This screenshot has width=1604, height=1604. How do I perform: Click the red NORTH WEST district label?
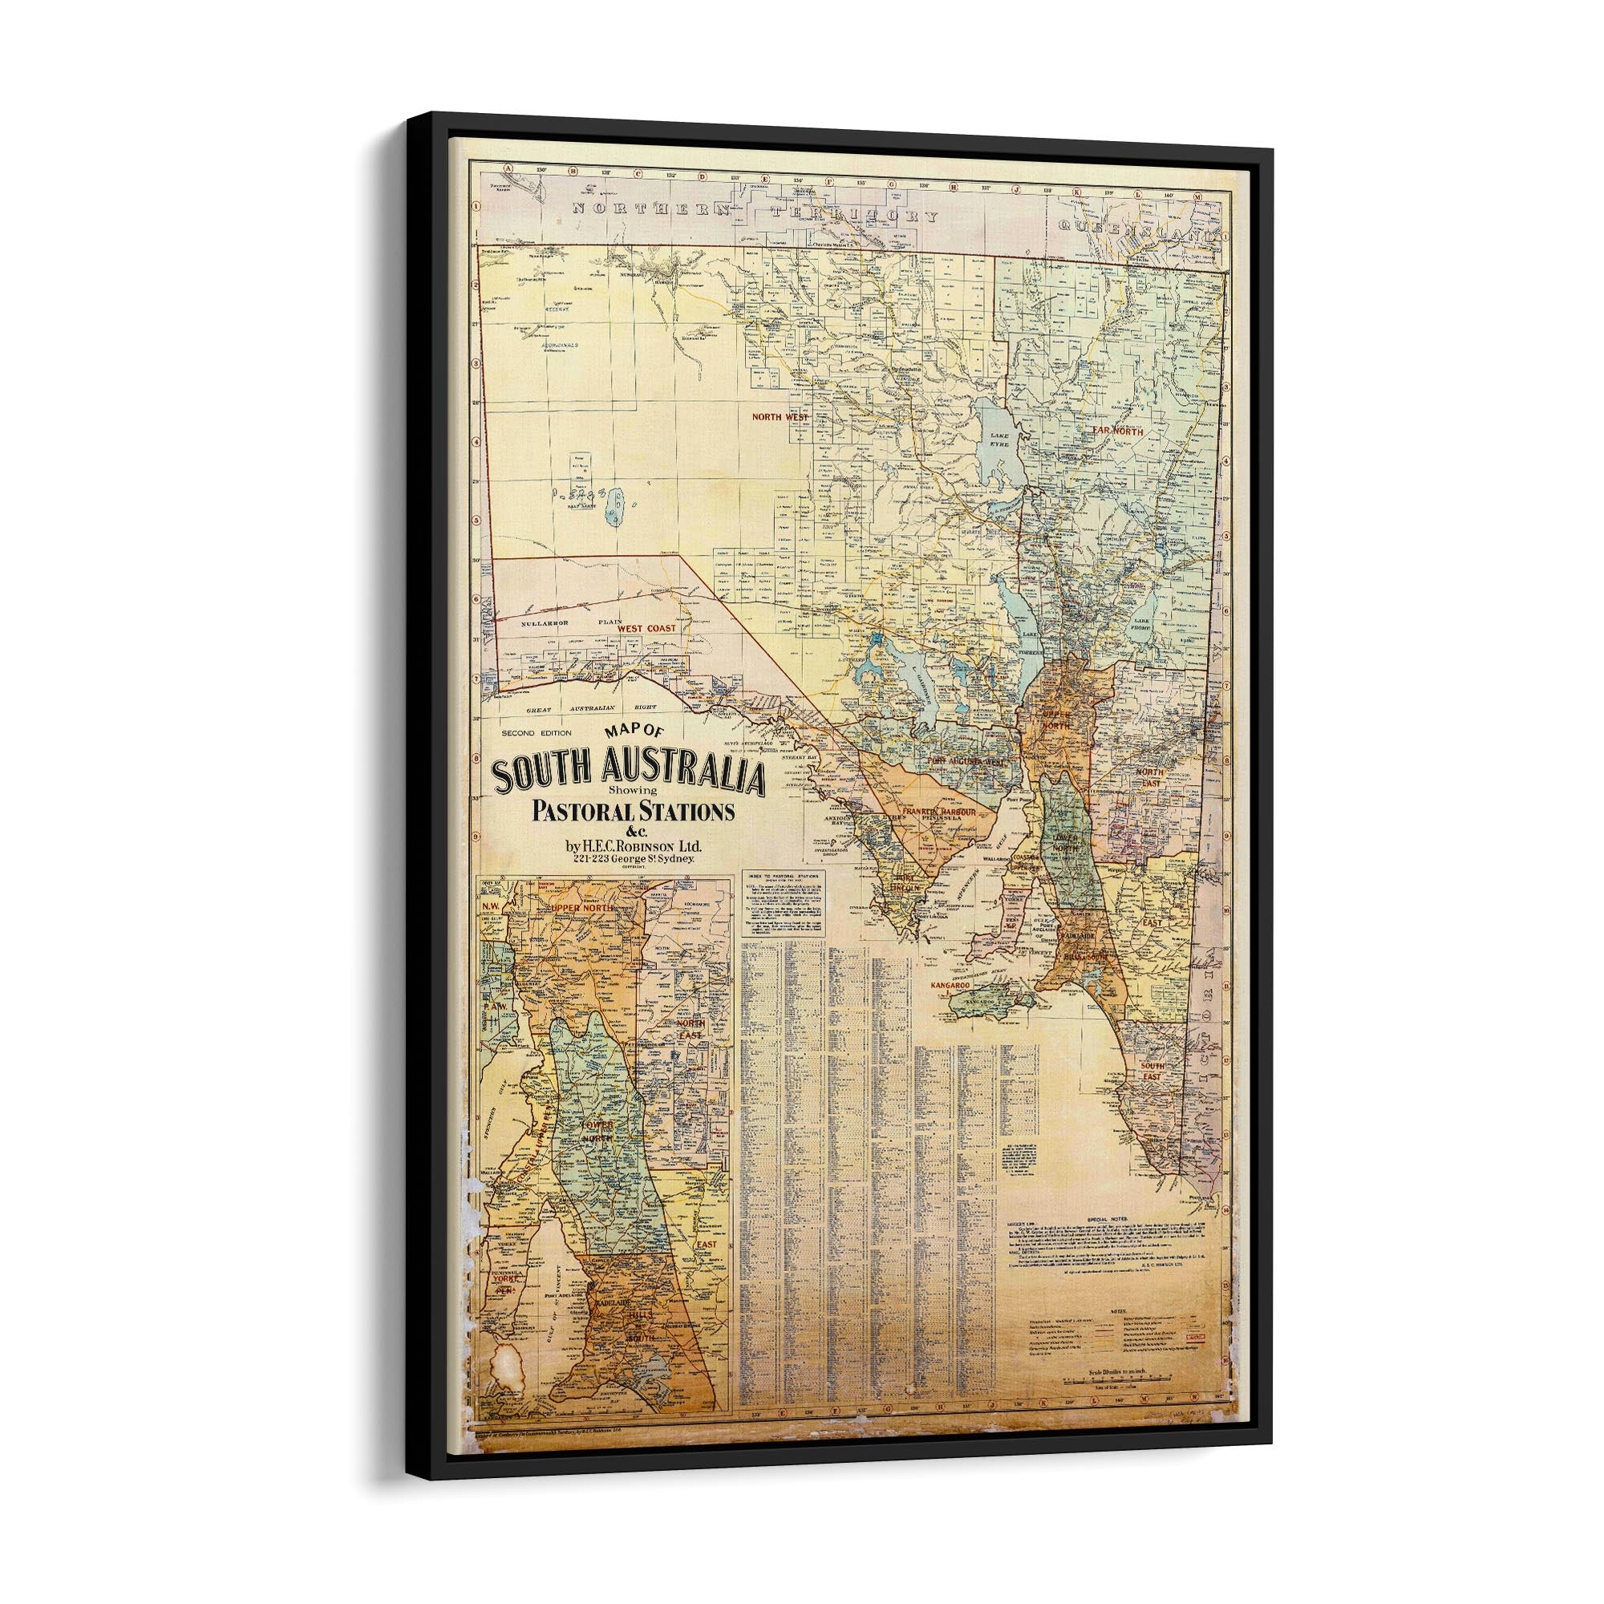click(x=778, y=417)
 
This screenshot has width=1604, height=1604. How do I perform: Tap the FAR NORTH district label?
click(x=1117, y=431)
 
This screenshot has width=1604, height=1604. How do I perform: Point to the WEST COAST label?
click(x=646, y=629)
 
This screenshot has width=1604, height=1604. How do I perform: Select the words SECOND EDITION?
click(x=537, y=733)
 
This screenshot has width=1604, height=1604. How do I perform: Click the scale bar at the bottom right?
click(x=1117, y=1402)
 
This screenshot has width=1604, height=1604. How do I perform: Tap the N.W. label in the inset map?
click(x=491, y=906)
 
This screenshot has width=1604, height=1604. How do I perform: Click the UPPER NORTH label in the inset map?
click(x=582, y=909)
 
